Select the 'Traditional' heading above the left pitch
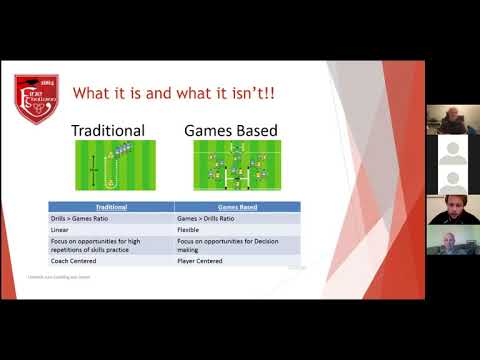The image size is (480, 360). click(109, 130)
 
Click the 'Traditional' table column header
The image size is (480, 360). click(111, 208)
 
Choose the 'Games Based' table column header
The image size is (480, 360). click(239, 208)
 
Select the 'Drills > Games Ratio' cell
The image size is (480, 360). click(111, 218)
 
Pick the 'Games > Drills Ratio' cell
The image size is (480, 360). click(239, 218)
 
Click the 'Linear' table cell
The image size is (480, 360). click(111, 229)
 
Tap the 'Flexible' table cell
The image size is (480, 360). click(239, 229)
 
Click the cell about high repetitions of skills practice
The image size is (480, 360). click(111, 244)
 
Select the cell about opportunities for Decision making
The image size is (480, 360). click(239, 244)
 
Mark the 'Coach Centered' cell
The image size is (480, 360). click(111, 260)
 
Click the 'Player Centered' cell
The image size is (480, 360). click(239, 260)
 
